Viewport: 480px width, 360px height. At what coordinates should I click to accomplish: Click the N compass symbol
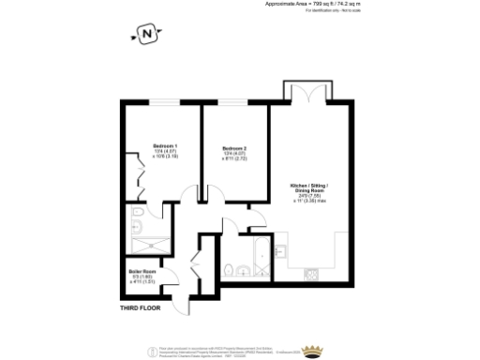click(x=146, y=37)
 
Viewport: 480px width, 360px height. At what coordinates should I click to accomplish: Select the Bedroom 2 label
click(x=234, y=149)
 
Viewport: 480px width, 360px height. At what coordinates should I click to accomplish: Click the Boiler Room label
click(x=141, y=273)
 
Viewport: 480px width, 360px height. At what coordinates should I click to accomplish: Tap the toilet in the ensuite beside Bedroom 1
click(x=137, y=225)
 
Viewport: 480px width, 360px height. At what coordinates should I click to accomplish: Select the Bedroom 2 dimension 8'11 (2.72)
click(x=234, y=159)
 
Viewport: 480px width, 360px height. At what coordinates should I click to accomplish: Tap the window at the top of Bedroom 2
click(x=234, y=101)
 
